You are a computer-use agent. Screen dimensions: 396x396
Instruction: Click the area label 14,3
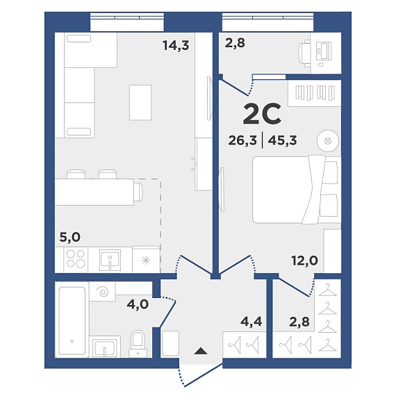[176, 46]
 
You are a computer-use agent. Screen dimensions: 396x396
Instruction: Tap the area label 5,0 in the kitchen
[70, 238]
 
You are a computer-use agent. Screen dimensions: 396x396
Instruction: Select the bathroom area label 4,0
[138, 304]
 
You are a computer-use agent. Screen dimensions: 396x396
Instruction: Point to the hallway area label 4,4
[251, 322]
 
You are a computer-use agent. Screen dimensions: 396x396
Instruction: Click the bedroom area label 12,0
[304, 261]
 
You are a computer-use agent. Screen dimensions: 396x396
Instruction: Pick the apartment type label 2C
[262, 114]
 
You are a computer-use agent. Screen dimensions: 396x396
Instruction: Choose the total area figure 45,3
[282, 140]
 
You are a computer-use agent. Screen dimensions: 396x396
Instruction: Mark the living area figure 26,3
[242, 140]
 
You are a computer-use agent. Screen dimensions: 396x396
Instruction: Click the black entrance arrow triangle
[201, 351]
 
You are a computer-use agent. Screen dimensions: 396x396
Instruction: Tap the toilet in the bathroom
[138, 344]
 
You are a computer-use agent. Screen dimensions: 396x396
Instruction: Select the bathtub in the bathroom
[72, 320]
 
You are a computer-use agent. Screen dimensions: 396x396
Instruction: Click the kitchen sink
[110, 260]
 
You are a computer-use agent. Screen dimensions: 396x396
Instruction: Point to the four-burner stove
[76, 259]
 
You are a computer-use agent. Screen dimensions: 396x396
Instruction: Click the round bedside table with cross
[327, 141]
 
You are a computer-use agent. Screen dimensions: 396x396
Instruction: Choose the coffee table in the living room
[140, 103]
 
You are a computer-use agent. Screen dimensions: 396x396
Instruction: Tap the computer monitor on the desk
[324, 51]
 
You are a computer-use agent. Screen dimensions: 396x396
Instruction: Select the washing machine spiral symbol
[103, 292]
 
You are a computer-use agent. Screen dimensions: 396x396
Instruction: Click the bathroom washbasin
[105, 347]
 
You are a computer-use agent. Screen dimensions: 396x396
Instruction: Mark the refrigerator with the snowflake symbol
[146, 260]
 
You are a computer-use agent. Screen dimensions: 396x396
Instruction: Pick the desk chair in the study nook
[304, 53]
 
